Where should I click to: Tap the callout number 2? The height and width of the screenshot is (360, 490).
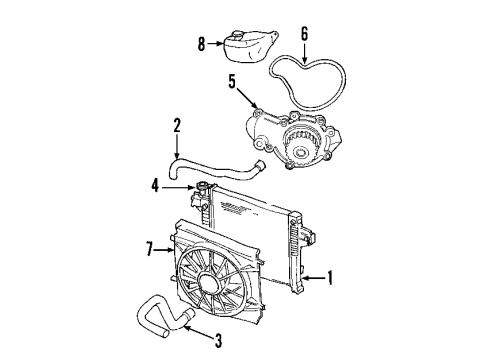(177, 126)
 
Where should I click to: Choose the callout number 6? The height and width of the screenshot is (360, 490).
(305, 31)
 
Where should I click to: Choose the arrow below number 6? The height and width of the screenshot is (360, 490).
(305, 50)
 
